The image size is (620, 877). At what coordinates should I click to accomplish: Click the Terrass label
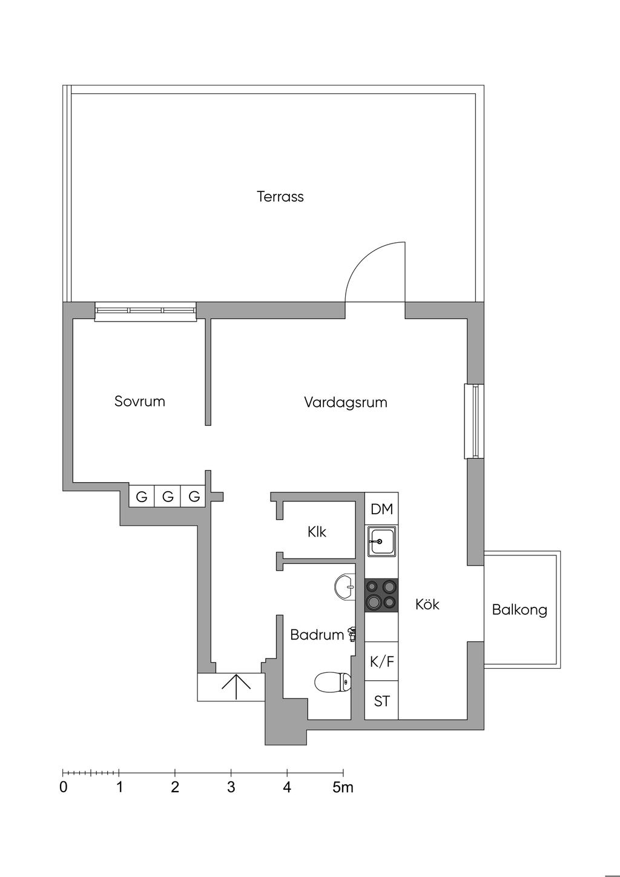click(x=280, y=197)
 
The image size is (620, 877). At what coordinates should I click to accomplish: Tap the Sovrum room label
click(x=139, y=402)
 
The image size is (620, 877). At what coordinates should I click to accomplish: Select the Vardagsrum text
click(x=345, y=402)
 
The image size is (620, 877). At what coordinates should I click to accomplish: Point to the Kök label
click(x=427, y=604)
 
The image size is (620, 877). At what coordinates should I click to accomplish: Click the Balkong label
click(x=519, y=610)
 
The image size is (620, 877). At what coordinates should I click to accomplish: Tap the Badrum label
click(x=317, y=635)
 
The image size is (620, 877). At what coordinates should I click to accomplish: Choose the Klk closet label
click(x=317, y=532)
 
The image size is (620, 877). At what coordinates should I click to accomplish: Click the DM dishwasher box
click(x=381, y=509)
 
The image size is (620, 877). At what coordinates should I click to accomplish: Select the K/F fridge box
click(x=381, y=661)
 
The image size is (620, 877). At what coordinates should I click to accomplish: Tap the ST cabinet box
click(x=381, y=701)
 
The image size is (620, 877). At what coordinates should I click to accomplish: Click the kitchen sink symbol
click(x=381, y=541)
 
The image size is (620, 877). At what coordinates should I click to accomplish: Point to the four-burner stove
click(x=381, y=594)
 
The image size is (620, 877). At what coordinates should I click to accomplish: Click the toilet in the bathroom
click(x=332, y=682)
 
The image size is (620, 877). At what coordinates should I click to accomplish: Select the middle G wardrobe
click(x=168, y=497)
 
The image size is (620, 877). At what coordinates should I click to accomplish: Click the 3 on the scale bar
click(x=231, y=788)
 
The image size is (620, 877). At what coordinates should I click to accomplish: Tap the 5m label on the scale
click(x=343, y=788)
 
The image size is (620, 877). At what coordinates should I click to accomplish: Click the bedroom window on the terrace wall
click(x=145, y=311)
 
